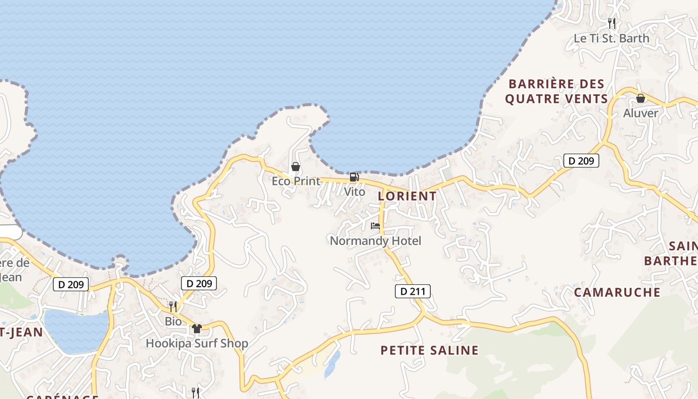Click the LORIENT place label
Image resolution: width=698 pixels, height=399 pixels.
pos(407,196)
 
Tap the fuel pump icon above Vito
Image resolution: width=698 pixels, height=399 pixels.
pos(354,177)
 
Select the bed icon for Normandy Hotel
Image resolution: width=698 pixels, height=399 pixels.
pos(375,226)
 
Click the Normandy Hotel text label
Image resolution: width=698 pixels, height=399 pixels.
pos(375,241)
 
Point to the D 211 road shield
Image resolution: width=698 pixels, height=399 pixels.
pos(413,291)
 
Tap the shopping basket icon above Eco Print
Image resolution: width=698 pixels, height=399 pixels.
pos(296,167)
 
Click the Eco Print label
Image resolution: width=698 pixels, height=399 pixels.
pos(296,181)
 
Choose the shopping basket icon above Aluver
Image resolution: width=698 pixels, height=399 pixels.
pos(641,99)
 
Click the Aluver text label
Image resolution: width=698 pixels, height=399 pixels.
pos(641,113)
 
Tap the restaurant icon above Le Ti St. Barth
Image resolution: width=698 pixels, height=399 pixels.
pos(612,23)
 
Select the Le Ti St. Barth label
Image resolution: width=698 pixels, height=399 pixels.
pos(612,38)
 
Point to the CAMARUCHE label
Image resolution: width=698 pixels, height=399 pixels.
pos(617,292)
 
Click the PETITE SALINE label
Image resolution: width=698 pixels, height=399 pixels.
pos(429,351)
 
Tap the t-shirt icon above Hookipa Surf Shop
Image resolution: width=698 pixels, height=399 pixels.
pos(197,329)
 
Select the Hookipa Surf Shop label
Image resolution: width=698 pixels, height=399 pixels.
pos(197,344)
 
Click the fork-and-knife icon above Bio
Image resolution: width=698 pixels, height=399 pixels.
pos(173,306)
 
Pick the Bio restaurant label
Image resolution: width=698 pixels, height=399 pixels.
pos(174,321)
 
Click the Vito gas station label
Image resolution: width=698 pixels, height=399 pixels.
pos(354,192)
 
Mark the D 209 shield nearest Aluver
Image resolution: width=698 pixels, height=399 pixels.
pos(581,161)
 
